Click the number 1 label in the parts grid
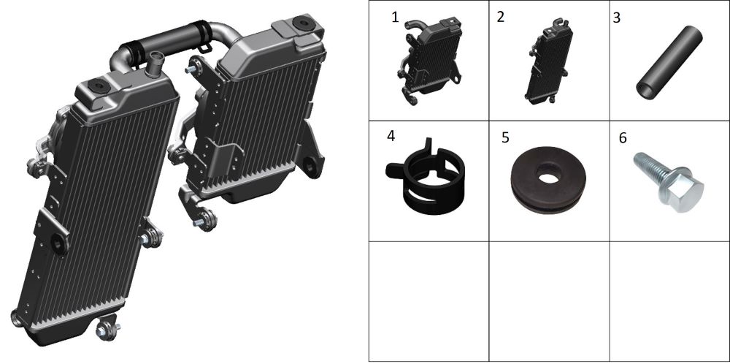pyautogui.click(x=395, y=18)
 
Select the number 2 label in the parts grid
pyautogui.click(x=501, y=17)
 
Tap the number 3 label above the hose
pyautogui.click(x=617, y=18)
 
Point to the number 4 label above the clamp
pyautogui.click(x=391, y=136)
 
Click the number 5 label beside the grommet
pyautogui.click(x=506, y=137)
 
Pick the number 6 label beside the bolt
pyautogui.click(x=623, y=138)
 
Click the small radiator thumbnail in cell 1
pyautogui.click(x=429, y=61)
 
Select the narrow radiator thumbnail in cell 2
pyautogui.click(x=549, y=61)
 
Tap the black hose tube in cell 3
pyautogui.click(x=669, y=62)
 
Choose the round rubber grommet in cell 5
pyautogui.click(x=548, y=180)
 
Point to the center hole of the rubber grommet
pyautogui.click(x=548, y=174)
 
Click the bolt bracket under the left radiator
pyautogui.click(x=107, y=327)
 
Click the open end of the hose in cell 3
pyautogui.click(x=645, y=91)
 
